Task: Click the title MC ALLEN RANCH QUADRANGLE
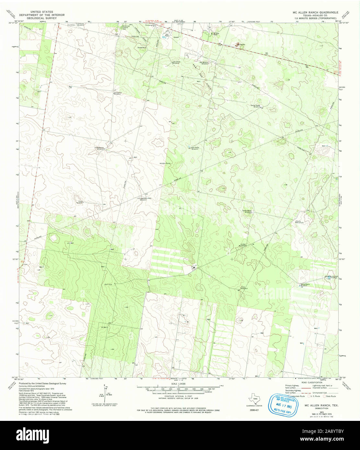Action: click(x=311, y=12)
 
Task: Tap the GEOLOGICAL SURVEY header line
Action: click(x=41, y=18)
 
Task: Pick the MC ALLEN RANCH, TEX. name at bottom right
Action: click(x=319, y=405)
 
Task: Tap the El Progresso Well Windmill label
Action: click(x=145, y=199)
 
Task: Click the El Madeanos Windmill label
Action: click(x=99, y=148)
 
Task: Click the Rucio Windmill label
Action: click(x=300, y=222)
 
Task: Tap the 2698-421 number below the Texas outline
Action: click(x=254, y=410)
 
